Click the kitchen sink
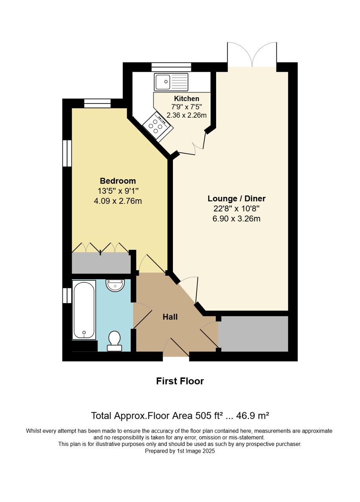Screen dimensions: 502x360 click(171, 82)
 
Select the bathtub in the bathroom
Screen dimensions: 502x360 click(84, 309)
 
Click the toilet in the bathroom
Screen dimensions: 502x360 click(115, 340)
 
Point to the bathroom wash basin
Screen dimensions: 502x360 click(115, 285)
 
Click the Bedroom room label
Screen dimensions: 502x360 click(118, 181)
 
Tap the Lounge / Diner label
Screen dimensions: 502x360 click(236, 198)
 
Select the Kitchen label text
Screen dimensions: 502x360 click(187, 98)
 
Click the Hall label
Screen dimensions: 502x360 click(170, 316)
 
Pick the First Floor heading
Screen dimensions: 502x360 click(180, 381)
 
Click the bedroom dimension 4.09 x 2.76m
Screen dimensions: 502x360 click(118, 201)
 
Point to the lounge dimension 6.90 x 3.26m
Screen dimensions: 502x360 click(236, 218)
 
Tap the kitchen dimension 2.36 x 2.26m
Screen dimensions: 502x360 click(187, 115)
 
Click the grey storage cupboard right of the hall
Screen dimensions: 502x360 click(253, 334)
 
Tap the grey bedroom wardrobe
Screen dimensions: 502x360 click(101, 263)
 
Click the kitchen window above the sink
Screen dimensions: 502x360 click(171, 67)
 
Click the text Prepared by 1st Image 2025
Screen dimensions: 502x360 click(180, 451)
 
